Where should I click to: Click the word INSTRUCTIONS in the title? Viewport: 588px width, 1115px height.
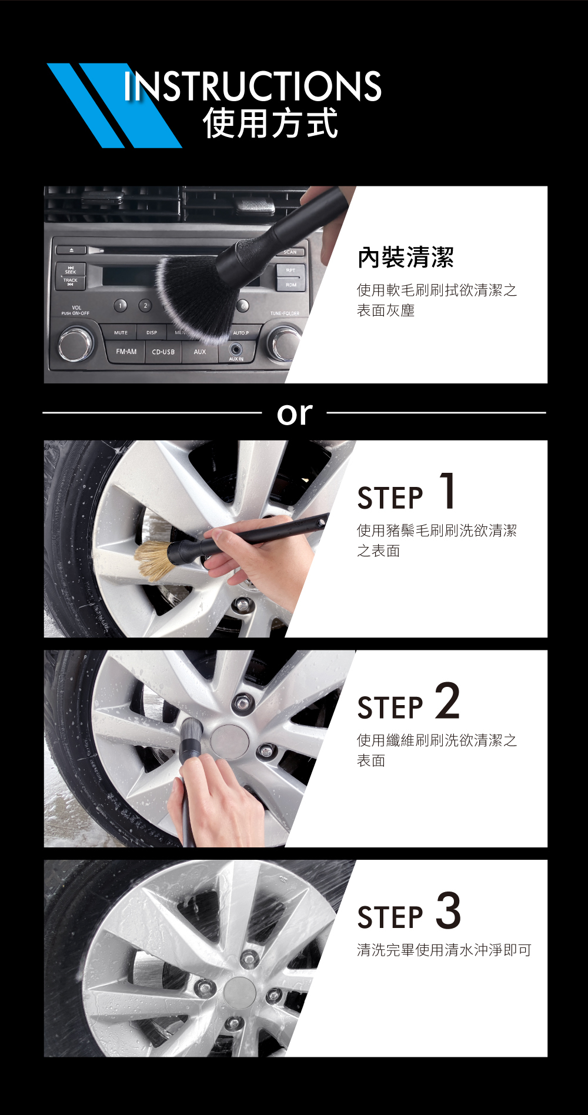click(253, 86)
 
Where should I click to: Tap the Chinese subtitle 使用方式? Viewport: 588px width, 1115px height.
click(270, 123)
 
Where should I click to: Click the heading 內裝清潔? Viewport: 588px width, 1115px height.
click(406, 257)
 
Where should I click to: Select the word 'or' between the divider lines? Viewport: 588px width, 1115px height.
click(295, 413)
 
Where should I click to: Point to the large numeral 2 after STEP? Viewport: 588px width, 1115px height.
click(447, 700)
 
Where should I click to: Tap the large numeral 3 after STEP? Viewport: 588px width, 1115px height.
click(449, 910)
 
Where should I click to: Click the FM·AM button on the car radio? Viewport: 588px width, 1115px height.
click(126, 352)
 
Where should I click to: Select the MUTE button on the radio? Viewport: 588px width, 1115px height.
click(121, 332)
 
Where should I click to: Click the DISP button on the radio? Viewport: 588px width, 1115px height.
click(152, 332)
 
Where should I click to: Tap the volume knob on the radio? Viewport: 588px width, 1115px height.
click(76, 344)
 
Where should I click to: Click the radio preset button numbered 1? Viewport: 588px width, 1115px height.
click(121, 305)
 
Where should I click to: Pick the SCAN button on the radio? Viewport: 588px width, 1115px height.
click(290, 252)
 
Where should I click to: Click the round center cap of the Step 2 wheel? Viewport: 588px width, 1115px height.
click(229, 742)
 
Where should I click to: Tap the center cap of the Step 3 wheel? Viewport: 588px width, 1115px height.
click(239, 993)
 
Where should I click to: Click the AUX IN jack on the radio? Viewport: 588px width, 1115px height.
click(236, 350)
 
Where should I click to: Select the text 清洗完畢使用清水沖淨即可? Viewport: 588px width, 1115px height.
click(445, 950)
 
